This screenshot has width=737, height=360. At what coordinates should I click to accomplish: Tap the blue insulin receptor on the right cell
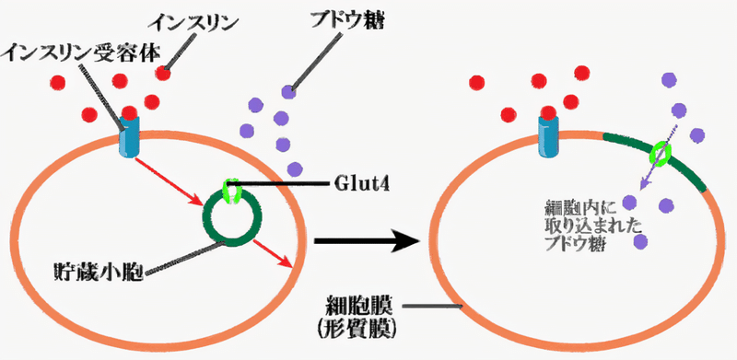pyautogui.click(x=549, y=134)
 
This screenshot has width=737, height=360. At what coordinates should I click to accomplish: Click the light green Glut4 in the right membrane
pyautogui.click(x=661, y=153)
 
